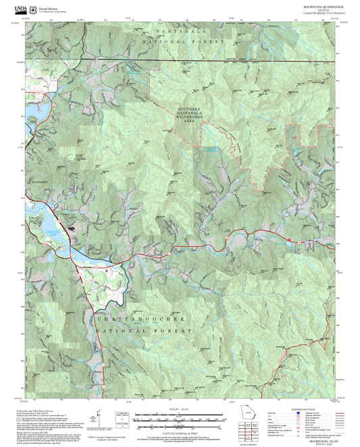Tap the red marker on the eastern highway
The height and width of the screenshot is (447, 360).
289,238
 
